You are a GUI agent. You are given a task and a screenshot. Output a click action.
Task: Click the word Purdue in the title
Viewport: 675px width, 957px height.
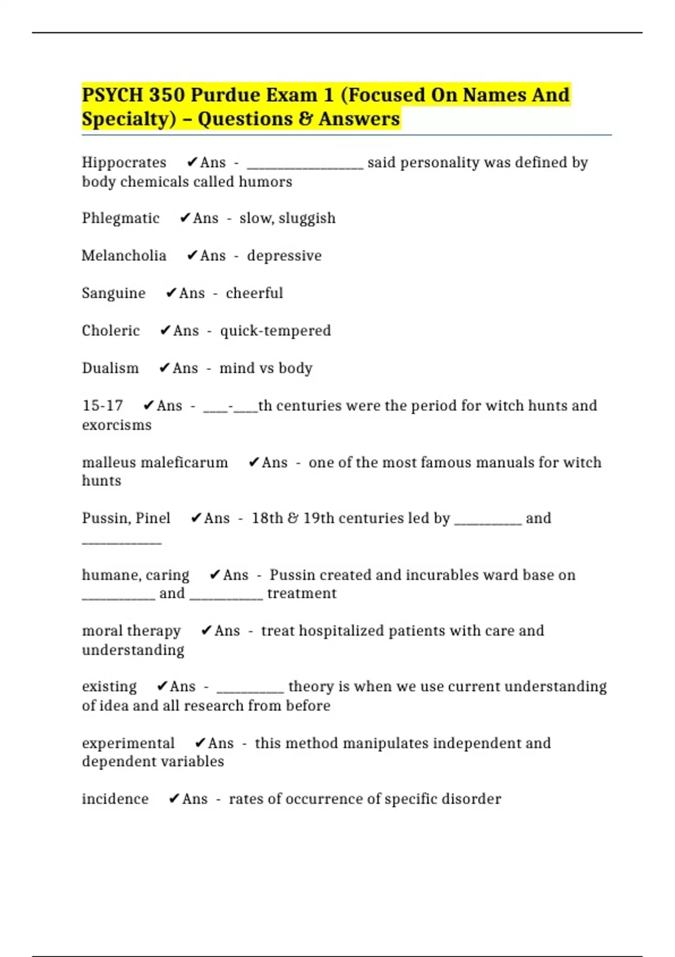[225, 95]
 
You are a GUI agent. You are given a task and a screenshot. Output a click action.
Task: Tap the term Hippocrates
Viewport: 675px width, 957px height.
[124, 163]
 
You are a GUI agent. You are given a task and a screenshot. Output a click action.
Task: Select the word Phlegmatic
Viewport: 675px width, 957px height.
[120, 218]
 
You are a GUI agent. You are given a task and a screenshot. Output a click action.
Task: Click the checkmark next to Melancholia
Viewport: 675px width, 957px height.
[192, 256]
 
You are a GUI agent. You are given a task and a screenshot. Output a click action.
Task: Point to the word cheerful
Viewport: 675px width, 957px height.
[254, 293]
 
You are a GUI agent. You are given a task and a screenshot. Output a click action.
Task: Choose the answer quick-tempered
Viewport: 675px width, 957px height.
[275, 330]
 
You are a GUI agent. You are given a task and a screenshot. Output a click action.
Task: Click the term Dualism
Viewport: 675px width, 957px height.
[110, 368]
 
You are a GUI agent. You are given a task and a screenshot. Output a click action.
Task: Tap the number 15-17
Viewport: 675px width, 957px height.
[102, 406]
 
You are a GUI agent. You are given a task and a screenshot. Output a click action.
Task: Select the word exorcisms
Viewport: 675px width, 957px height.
[116, 425]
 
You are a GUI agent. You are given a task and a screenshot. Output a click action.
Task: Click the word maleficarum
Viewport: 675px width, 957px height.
[184, 463]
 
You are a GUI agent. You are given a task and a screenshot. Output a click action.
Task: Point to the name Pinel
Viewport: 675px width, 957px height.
[153, 518]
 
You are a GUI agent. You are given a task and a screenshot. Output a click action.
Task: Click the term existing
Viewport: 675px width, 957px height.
[109, 687]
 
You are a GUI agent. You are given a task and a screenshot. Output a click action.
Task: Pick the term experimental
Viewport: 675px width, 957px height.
[128, 744]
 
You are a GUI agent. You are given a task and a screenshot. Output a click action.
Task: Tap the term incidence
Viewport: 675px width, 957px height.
[115, 799]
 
